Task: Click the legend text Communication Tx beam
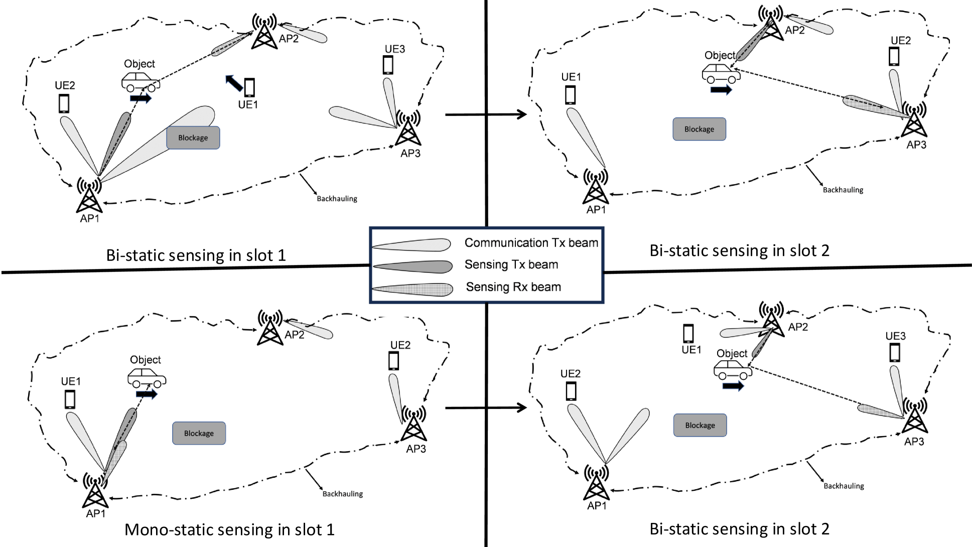click(531, 243)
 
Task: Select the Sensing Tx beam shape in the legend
click(412, 266)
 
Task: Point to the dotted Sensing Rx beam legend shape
click(412, 290)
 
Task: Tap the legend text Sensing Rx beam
click(513, 287)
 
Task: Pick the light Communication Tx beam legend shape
click(411, 244)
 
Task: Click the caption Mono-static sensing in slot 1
click(229, 529)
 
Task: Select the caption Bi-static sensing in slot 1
click(196, 255)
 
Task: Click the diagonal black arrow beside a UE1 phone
click(233, 83)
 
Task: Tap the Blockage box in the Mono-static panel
click(199, 433)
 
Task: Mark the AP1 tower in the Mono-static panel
click(95, 490)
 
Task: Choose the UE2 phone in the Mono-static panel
click(394, 361)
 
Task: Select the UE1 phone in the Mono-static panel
click(70, 399)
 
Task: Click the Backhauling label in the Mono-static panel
click(343, 494)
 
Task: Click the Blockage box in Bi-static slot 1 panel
click(193, 138)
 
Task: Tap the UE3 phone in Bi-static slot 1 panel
click(388, 65)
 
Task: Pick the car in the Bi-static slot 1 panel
click(141, 81)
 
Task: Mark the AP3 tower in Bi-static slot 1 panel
click(408, 128)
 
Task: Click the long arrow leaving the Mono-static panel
click(486, 407)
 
